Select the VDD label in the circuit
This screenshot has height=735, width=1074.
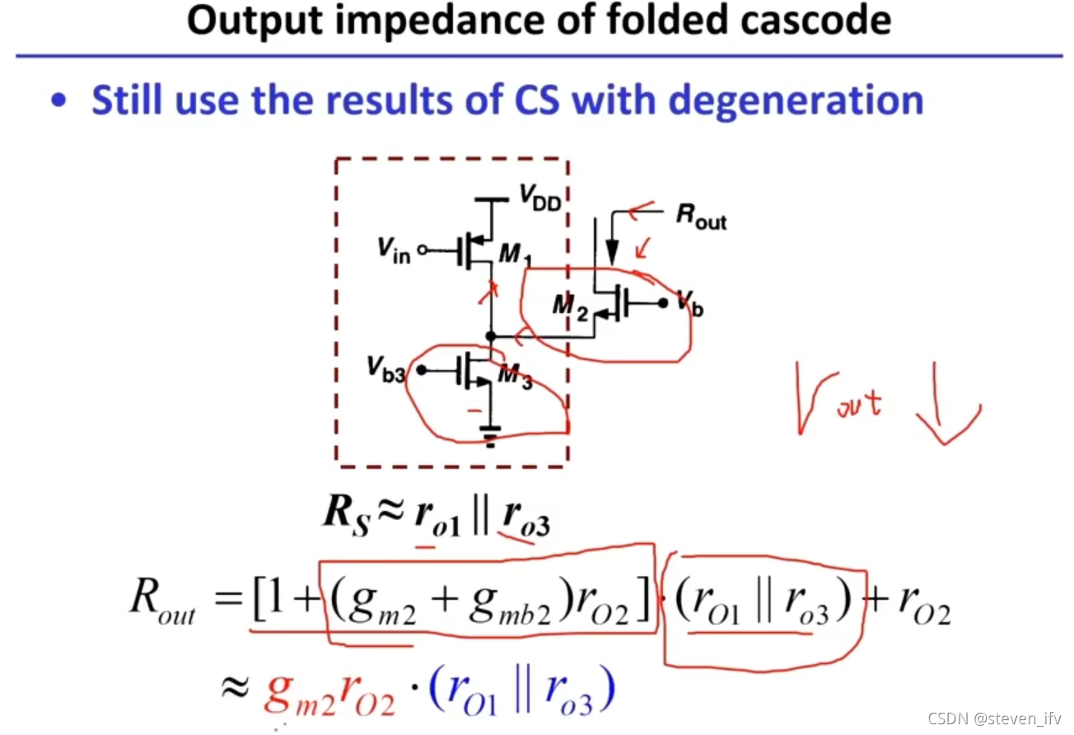[539, 196]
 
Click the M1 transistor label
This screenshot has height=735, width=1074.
[516, 255]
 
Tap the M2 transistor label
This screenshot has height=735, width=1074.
[570, 307]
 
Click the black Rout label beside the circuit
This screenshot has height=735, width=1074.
[702, 217]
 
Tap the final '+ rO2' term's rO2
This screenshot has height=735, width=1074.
[924, 611]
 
